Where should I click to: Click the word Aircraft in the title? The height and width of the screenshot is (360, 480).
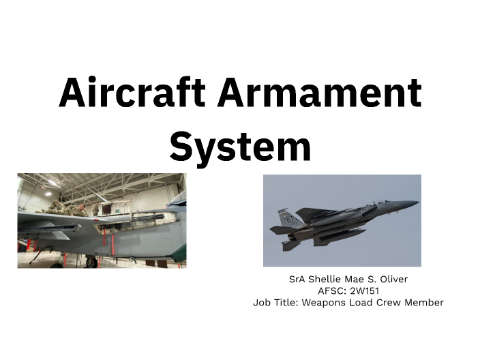pos(132,93)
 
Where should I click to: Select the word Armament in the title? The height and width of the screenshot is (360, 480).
pos(320,93)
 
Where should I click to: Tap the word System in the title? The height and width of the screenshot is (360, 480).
pos(240,145)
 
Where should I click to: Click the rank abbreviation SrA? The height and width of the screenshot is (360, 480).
pos(297,279)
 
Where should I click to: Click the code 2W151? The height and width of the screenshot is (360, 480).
pos(364,290)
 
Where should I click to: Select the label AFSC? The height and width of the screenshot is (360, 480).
pos(332,290)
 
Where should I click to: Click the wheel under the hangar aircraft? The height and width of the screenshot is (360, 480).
pos(91,261)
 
